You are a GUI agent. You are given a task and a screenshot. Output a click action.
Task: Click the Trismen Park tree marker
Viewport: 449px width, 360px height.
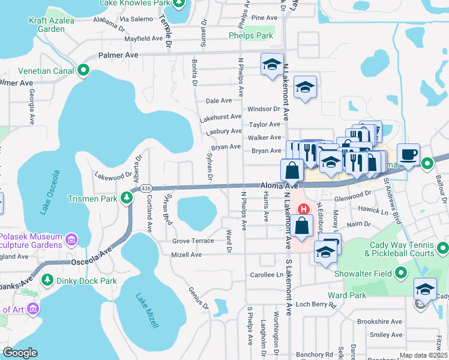pos(127,197)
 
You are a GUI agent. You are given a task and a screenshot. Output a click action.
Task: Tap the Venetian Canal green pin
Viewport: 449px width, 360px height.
pos(83,71)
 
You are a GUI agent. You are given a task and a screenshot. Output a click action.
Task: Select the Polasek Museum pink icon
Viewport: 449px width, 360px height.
pos(71,240)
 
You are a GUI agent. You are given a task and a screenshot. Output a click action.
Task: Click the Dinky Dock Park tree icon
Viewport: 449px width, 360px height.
pos(47,280)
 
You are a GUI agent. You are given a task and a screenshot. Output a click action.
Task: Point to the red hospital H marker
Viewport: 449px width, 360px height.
pos(304,209)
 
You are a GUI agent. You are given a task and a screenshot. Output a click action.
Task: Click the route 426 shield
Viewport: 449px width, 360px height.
pos(146,188)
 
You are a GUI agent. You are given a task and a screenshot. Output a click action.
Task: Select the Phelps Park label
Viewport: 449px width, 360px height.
pos(251,36)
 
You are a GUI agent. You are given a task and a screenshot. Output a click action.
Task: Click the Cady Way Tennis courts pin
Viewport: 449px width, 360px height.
pos(443,248)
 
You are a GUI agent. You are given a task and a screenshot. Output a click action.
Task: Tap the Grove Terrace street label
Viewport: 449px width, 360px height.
pos(193,241)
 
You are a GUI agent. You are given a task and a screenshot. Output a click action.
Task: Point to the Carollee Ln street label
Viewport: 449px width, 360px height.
pos(266,275)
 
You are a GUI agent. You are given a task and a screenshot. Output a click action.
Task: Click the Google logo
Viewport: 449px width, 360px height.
pos(20,353)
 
